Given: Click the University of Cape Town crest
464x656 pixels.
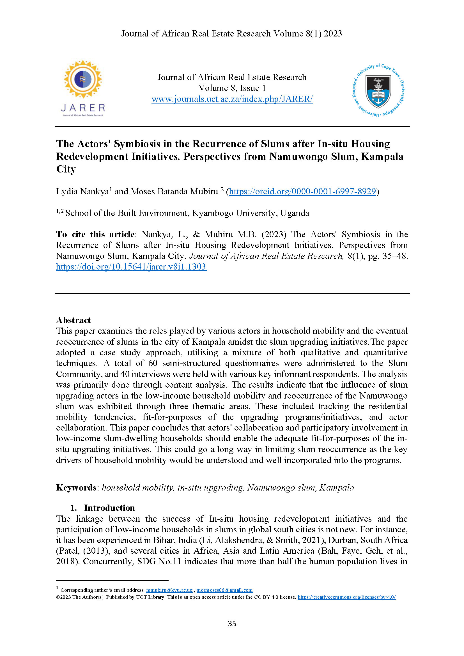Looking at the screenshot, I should click(378, 90).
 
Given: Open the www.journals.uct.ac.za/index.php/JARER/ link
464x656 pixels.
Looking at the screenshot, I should click(232, 99).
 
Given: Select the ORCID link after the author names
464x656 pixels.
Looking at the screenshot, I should click(302, 192).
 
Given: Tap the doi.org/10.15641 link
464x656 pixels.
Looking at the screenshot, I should click(131, 266).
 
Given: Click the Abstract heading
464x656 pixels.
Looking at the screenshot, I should click(73, 320).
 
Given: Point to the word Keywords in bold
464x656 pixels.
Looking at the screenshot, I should click(76, 487).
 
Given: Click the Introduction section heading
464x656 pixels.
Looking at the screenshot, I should click(109, 508).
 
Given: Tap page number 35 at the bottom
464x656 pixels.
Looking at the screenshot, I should click(232, 623).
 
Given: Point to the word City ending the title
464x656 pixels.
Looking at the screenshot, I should click(66, 169).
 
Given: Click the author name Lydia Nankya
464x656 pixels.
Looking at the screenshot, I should click(82, 192).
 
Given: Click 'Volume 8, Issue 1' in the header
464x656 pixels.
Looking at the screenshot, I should click(232, 88).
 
